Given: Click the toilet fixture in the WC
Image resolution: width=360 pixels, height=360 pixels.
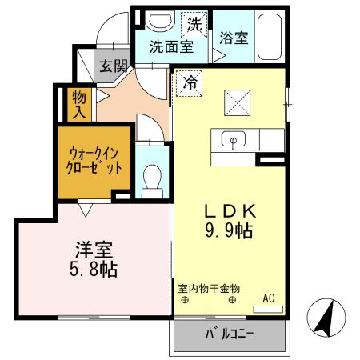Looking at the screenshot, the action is click(x=152, y=181).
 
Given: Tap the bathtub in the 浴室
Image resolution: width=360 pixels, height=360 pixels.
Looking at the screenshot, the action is click(x=270, y=37).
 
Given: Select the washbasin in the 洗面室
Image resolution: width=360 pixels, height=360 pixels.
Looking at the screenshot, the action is click(x=160, y=22).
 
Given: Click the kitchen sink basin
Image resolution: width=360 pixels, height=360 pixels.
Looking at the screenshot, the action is click(x=234, y=138).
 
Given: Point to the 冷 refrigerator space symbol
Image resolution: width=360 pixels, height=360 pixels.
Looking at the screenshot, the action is click(x=190, y=83).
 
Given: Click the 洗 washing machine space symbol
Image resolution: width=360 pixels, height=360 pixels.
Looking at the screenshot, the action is click(x=194, y=25).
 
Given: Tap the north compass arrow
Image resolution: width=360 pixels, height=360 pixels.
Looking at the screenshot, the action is click(x=326, y=318).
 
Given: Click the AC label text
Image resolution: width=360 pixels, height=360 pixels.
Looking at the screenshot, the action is click(x=269, y=298).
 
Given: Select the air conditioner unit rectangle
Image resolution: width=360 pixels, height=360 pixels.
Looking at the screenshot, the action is click(x=268, y=310).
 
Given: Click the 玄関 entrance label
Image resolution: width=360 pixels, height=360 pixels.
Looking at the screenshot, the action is click(x=114, y=66).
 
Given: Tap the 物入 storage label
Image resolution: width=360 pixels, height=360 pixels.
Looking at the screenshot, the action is click(x=79, y=104).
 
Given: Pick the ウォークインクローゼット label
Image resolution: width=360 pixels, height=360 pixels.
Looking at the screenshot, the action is click(x=94, y=161).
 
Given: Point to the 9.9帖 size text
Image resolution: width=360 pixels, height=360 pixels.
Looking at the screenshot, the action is click(x=230, y=230).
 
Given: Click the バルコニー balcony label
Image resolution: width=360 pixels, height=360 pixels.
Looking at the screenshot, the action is click(x=230, y=334).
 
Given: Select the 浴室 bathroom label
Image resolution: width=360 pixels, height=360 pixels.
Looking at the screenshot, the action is click(x=234, y=38).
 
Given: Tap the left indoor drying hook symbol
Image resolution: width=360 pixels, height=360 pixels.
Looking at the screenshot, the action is click(x=185, y=300).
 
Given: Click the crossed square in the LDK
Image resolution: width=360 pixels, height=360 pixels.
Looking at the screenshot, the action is click(x=238, y=102).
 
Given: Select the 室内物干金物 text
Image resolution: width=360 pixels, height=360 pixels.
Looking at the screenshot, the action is click(x=209, y=289).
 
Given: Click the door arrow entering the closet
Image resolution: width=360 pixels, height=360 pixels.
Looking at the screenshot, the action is click(x=86, y=210).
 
